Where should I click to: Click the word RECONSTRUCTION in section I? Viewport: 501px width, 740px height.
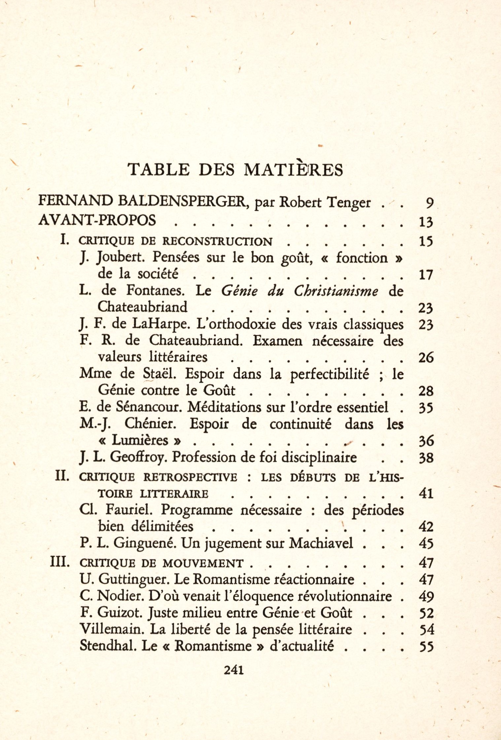coord(217,241)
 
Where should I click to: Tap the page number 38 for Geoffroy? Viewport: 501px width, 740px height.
coord(426,458)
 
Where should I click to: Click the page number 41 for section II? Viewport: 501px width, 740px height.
coord(426,494)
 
